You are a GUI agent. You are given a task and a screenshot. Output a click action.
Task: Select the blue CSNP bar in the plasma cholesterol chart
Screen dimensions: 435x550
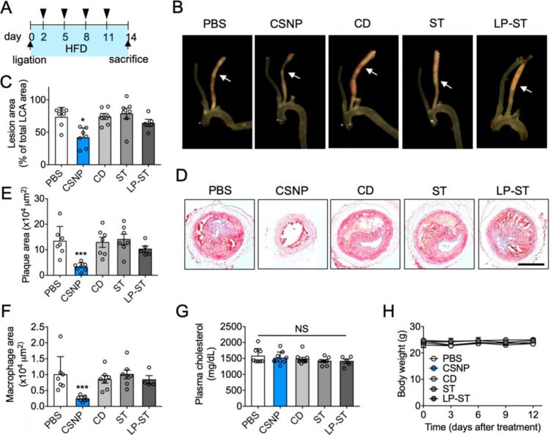coord(281,382)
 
